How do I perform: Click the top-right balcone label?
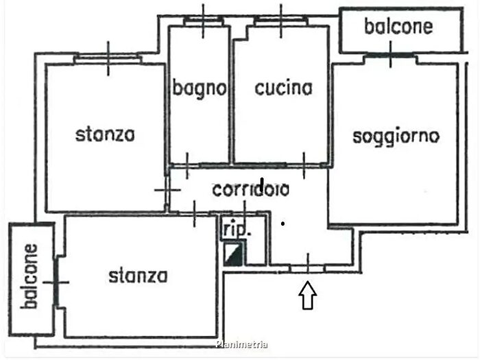[398, 27]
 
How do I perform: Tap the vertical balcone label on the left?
[29, 276]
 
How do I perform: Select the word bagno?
[199, 88]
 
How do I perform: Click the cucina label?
[283, 88]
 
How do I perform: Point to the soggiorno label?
[396, 136]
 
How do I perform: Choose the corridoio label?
[250, 190]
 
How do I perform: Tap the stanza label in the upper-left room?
[105, 134]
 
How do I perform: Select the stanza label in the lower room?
[138, 276]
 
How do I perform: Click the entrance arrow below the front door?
[309, 296]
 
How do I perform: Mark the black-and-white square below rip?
[234, 254]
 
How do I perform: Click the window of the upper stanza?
[108, 58]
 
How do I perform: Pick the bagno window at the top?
[204, 20]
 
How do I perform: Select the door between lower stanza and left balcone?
[57, 282]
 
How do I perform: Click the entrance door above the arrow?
[308, 265]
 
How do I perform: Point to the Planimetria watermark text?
[241, 345]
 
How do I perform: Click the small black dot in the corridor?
[283, 223]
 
